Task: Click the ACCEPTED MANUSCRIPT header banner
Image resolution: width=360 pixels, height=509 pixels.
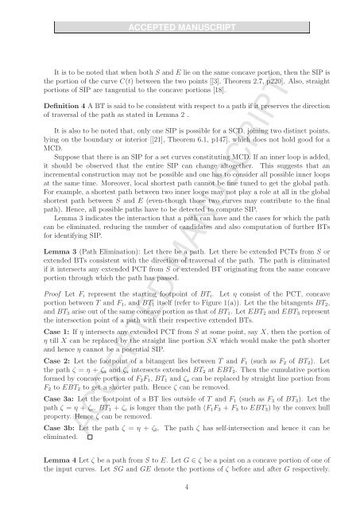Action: pyautogui.click(x=180, y=10)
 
